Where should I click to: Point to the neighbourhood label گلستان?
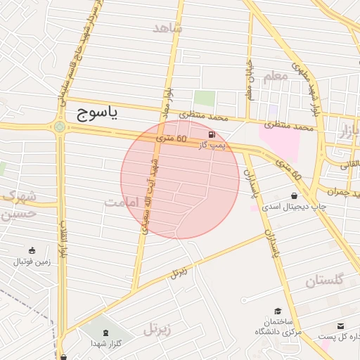pyautogui.click(x=324, y=281)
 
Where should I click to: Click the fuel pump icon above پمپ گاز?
pyautogui.click(x=211, y=134)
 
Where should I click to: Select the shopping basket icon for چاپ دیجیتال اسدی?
pyautogui.click(x=293, y=195)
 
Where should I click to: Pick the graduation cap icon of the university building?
pyautogui.click(x=278, y=310)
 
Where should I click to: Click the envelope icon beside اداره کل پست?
pyautogui.click(x=341, y=326)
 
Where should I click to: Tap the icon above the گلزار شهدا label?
pyautogui.click(x=105, y=332)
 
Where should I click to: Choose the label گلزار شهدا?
pyautogui.click(x=106, y=343)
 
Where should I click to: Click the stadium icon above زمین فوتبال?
pyautogui.click(x=32, y=250)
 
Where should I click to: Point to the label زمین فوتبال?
pyautogui.click(x=32, y=262)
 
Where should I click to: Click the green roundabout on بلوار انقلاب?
pyautogui.click(x=60, y=127)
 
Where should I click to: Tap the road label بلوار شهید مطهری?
pyautogui.click(x=311, y=91)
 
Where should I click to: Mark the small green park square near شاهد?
pyautogui.click(x=205, y=99)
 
